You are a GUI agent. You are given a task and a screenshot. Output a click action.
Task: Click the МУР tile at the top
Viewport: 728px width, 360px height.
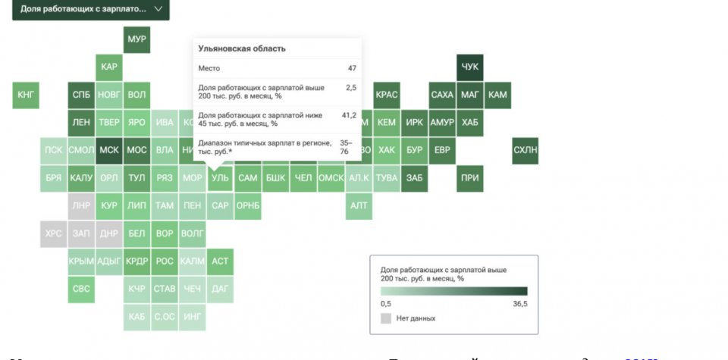click(x=137, y=39)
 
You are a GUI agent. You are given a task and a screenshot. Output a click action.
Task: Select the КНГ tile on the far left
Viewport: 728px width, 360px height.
click(x=26, y=95)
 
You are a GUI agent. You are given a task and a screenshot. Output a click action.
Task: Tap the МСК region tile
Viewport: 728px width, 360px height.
click(x=109, y=150)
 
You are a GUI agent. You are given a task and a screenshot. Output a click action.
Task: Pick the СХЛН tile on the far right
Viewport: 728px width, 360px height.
click(x=525, y=150)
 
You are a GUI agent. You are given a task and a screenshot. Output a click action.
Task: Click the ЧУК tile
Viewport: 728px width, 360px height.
click(x=470, y=67)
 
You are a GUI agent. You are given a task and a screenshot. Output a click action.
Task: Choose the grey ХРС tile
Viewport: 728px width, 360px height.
click(x=53, y=233)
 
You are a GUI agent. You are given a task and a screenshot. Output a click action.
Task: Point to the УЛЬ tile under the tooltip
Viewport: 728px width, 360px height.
click(x=220, y=178)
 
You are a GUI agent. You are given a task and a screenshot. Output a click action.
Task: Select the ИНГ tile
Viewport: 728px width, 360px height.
click(x=193, y=317)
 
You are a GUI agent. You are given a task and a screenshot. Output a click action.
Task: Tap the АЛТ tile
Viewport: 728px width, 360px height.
click(x=359, y=205)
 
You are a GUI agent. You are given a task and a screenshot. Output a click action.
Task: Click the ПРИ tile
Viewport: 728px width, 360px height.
click(x=470, y=178)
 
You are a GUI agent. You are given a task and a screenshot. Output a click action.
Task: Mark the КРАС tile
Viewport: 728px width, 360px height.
click(x=387, y=95)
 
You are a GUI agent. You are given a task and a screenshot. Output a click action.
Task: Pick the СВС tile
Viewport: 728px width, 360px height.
click(x=81, y=289)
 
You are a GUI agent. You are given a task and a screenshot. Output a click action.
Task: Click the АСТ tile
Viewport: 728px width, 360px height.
click(x=220, y=261)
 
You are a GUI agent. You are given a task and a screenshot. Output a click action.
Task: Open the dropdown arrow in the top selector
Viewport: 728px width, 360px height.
click(x=158, y=9)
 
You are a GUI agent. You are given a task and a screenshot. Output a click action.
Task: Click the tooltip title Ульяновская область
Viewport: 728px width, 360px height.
click(x=242, y=49)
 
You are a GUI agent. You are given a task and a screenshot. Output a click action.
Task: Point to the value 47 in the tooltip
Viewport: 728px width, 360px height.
click(x=352, y=69)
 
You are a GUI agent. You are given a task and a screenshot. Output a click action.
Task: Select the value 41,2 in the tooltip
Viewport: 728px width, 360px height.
click(x=349, y=115)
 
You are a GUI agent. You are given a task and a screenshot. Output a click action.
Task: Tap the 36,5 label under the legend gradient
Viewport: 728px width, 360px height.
click(x=519, y=303)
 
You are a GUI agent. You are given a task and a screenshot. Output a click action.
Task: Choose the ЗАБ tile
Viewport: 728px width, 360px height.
click(x=415, y=178)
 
